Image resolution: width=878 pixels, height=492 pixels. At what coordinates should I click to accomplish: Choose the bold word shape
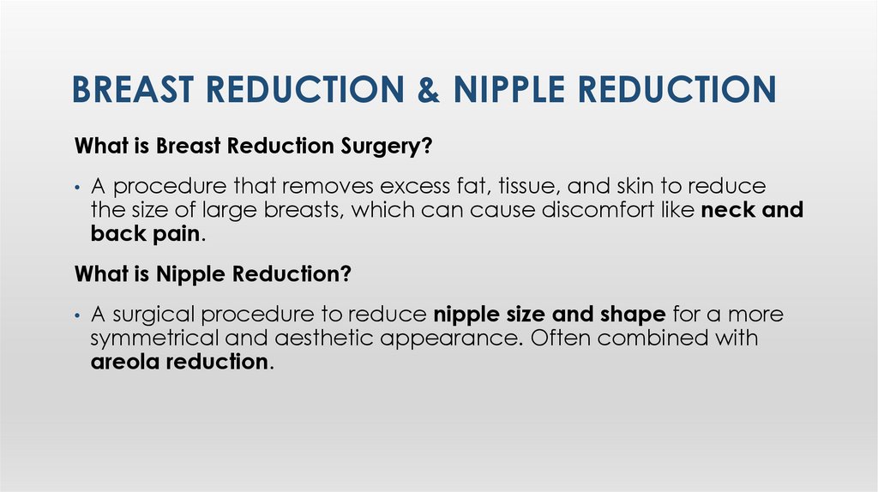pyautogui.click(x=635, y=315)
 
